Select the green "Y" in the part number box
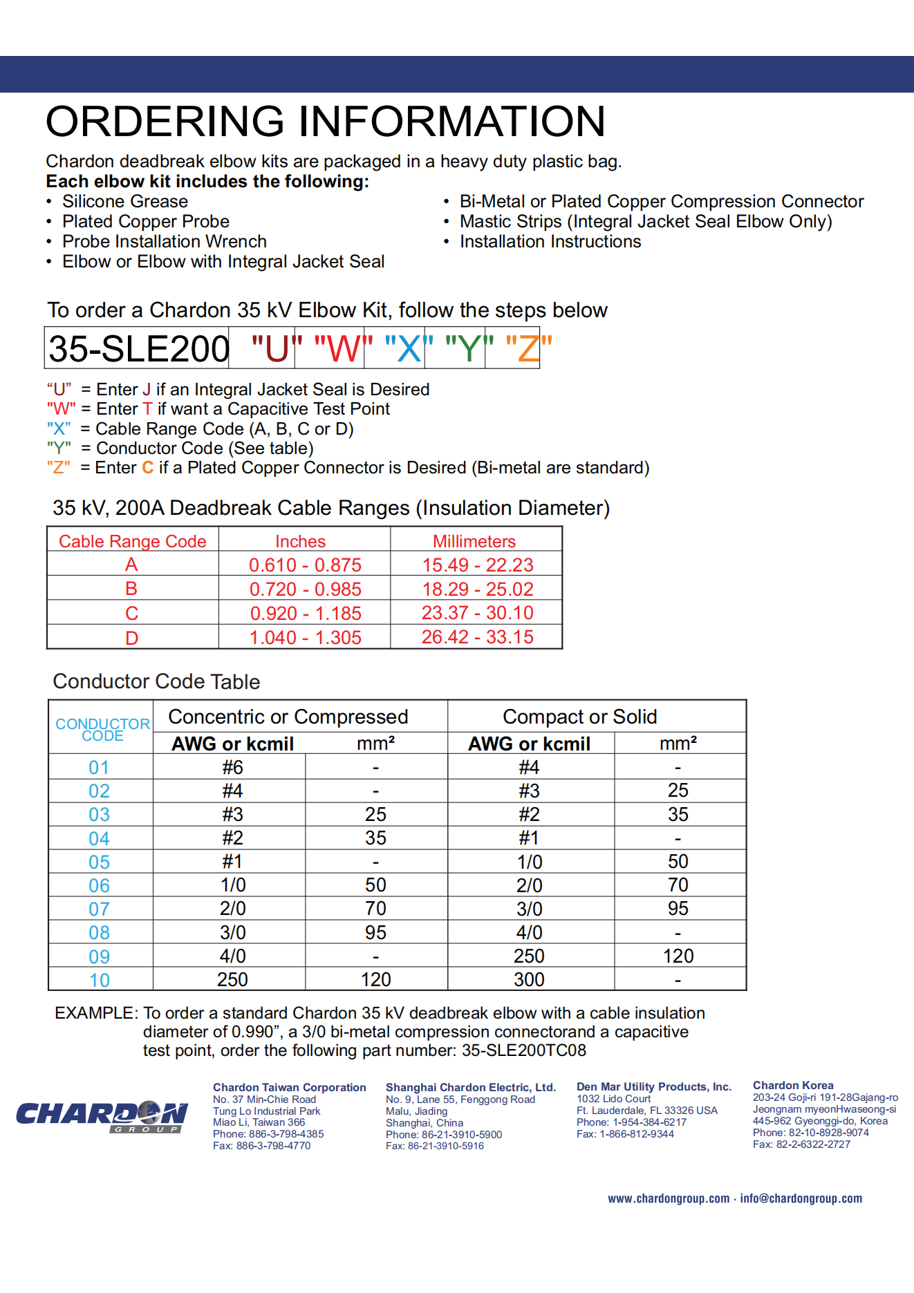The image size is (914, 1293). coord(469,348)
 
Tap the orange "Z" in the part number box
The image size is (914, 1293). coord(529,348)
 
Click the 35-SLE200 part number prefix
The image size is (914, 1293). coord(139,348)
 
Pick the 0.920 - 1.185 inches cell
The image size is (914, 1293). coord(306,614)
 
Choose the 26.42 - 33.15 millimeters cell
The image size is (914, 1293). coord(477,637)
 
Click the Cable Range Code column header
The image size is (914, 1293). coord(133,541)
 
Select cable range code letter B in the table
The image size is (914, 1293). coord(131,589)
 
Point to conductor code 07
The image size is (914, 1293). coord(100,909)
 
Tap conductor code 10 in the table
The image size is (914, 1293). coord(100,981)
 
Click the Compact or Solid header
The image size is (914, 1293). coord(579,717)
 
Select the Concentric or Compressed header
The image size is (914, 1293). coord(288,717)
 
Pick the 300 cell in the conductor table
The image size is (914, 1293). coord(529,980)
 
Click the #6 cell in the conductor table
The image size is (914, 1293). coord(232,767)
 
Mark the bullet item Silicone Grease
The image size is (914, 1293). coord(125,202)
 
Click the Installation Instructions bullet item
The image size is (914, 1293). coord(550,242)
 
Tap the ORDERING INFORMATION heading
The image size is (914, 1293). coord(326,122)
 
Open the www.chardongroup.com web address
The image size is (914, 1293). coord(669,1198)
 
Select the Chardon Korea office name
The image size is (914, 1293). coord(793,1085)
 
